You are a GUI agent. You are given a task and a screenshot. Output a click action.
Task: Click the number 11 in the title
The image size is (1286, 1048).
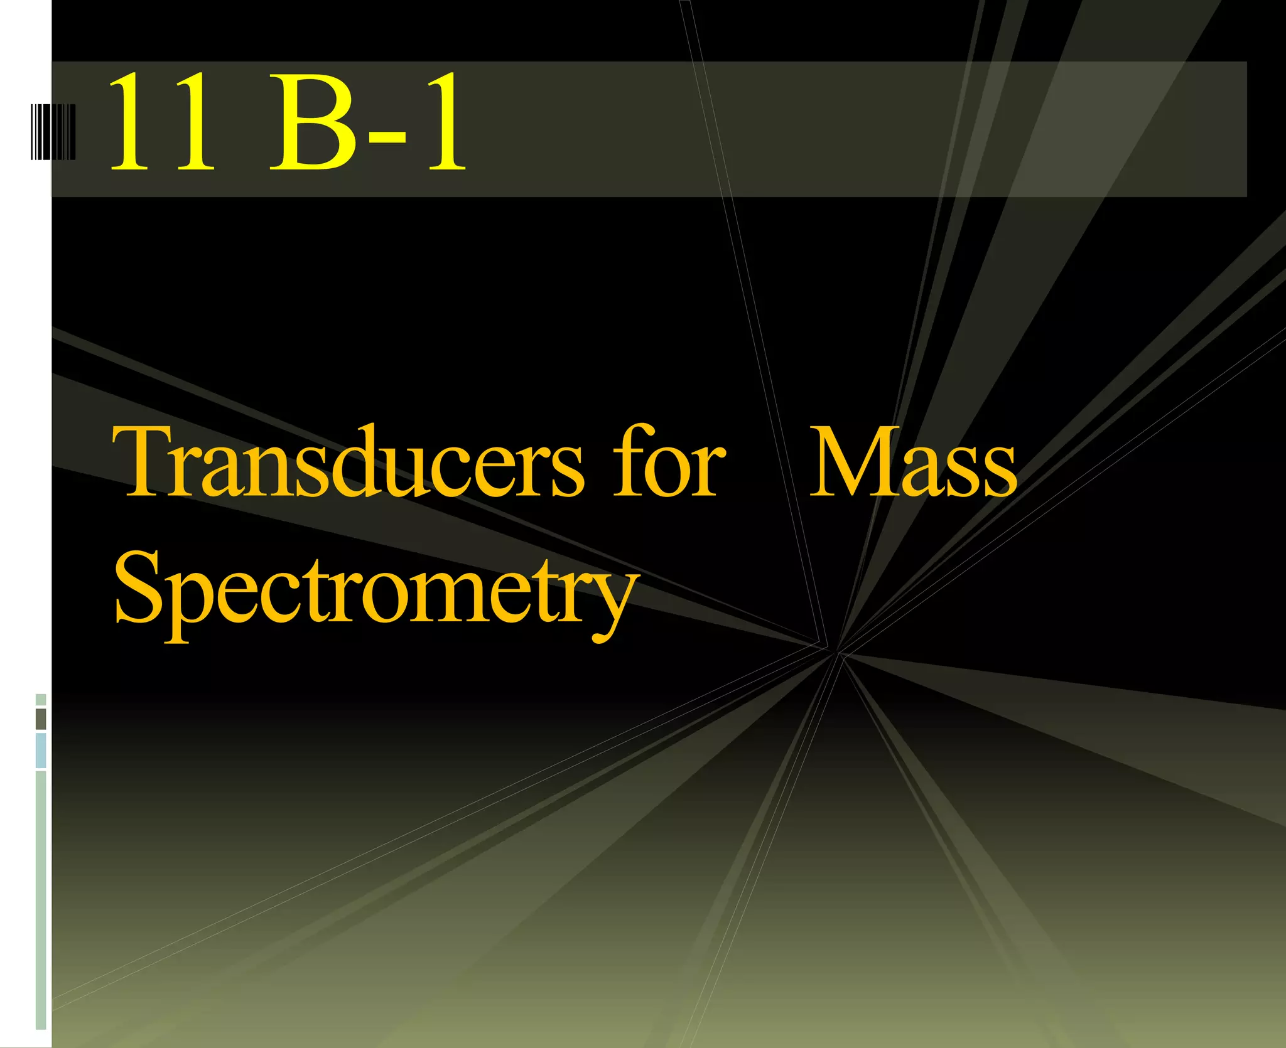point(161,122)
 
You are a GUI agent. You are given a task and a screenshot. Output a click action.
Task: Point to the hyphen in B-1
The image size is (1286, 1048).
point(386,134)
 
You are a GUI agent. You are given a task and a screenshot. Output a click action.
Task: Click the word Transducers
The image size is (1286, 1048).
point(349,461)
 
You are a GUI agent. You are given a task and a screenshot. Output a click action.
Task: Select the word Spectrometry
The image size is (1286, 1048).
point(373,590)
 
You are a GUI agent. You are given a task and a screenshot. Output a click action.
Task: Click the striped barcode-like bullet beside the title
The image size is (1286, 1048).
point(53,132)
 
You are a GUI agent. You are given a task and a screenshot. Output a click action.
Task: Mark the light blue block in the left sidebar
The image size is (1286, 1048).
point(41,751)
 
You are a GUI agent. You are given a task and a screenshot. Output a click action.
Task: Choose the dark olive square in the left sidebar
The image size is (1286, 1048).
point(41,719)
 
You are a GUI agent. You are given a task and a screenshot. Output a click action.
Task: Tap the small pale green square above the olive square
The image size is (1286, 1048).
point(41,699)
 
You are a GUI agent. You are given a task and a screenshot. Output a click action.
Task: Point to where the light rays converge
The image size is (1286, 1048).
point(835,651)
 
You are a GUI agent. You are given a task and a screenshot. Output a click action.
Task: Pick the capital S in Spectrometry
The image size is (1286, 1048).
point(138,587)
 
